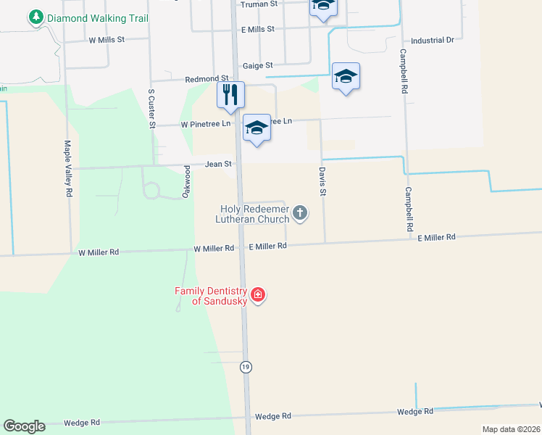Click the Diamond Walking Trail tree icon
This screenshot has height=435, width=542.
coord(35,17)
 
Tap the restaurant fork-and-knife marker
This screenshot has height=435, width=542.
coord(230,94)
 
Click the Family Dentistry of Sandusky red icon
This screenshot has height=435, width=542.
coord(258,295)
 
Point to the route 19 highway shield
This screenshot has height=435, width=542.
coord(246,367)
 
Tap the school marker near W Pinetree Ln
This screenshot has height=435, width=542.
coord(256,128)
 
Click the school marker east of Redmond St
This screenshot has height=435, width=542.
coord(346,76)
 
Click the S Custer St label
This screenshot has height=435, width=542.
coord(152,109)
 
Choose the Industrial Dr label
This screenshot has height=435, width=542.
coord(432,41)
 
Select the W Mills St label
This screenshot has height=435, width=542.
coord(108,41)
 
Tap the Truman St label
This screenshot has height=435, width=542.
coord(259,4)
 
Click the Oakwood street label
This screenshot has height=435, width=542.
coord(185,181)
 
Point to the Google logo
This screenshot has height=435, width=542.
coord(24,426)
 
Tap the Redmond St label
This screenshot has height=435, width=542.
coord(207,78)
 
